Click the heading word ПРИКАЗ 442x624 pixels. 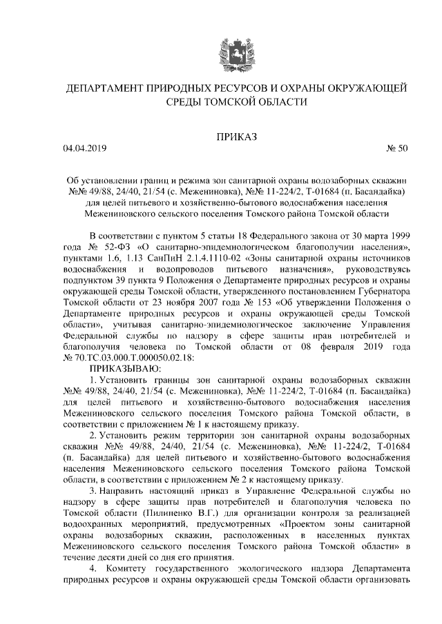(236, 137)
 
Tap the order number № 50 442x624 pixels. (396, 148)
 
